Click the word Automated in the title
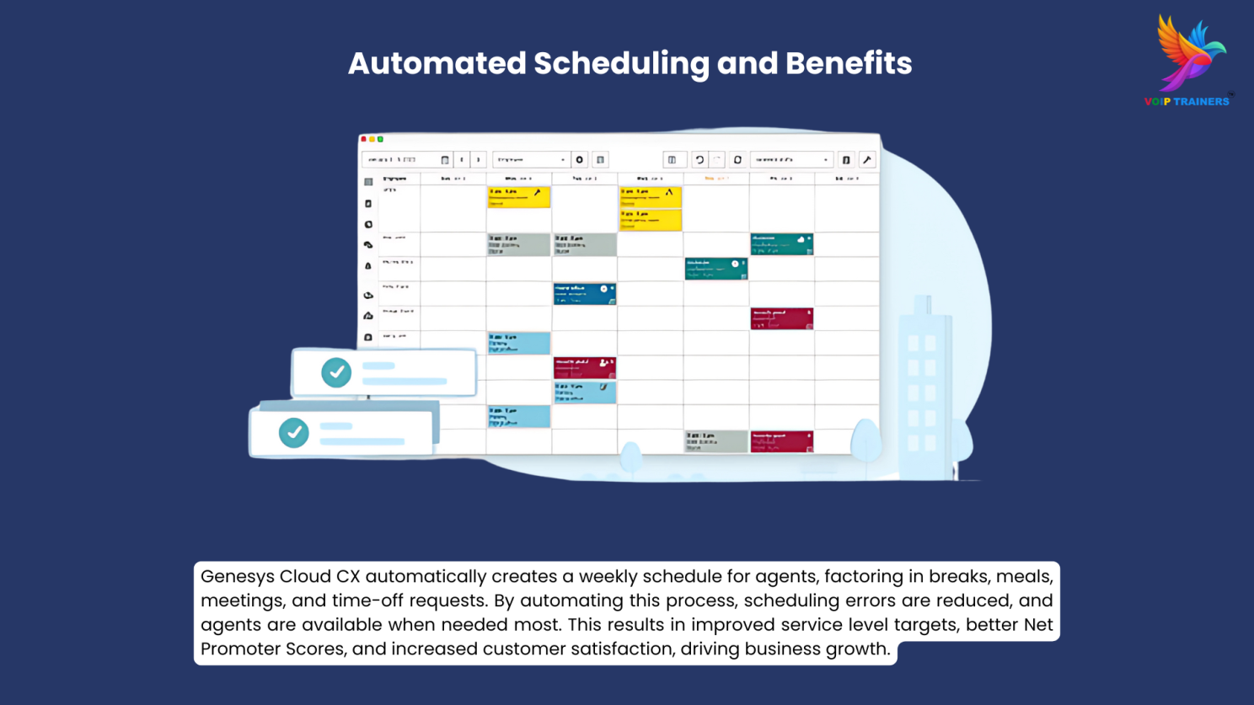click(437, 63)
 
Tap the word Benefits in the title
click(849, 63)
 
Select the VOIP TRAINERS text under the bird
click(1187, 102)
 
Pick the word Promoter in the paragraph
click(240, 649)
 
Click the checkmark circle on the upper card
click(336, 372)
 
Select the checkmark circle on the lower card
click(294, 433)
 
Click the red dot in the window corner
click(364, 139)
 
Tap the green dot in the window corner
click(381, 139)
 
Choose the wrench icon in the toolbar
click(867, 160)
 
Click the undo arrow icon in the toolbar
click(699, 160)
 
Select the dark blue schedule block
click(584, 293)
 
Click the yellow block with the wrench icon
click(518, 196)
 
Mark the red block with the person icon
click(584, 367)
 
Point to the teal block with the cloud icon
click(781, 244)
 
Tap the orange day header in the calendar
click(715, 179)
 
